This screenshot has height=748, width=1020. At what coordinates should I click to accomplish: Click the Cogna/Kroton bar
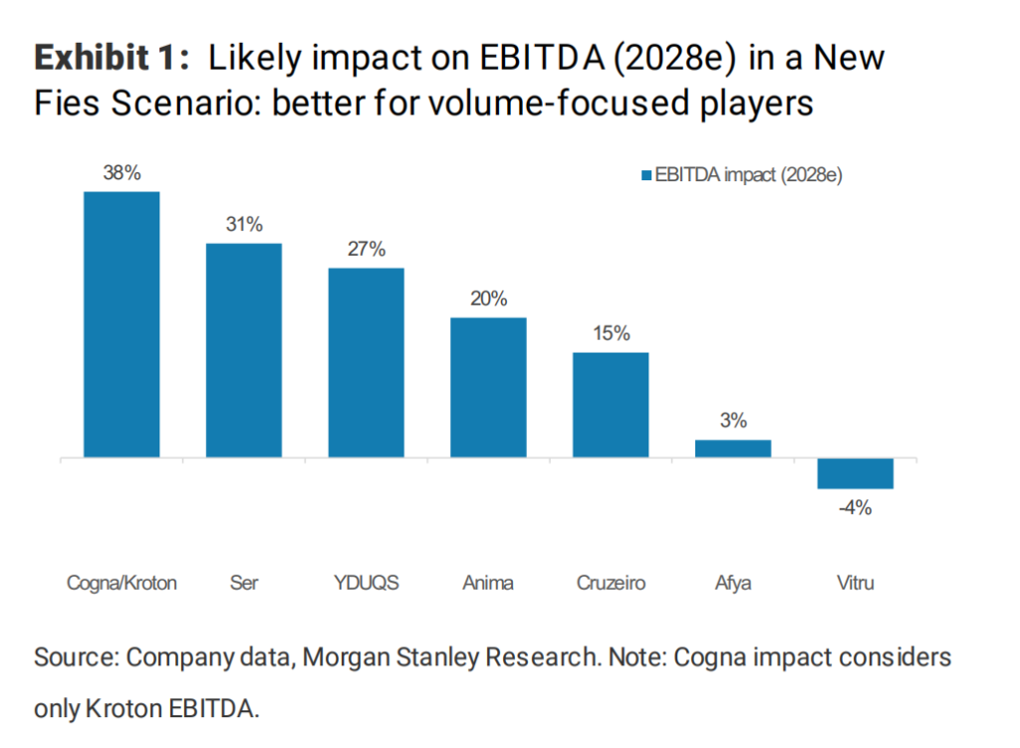pos(122,324)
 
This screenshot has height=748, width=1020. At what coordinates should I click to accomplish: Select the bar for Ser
pos(244,350)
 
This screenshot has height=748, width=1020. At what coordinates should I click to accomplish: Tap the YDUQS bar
pos(367,363)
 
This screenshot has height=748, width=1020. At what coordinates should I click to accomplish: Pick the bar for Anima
pos(488,387)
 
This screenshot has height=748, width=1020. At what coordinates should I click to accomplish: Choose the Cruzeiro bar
pos(611,404)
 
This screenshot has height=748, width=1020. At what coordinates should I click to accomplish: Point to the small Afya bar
pos(733,448)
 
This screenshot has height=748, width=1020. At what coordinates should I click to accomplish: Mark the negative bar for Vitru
pos(855,473)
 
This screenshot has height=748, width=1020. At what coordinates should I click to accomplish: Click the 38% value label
pos(122,172)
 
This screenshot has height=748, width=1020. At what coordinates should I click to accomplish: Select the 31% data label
pos(244,224)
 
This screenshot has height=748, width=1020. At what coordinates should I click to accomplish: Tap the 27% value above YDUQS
pos(367,249)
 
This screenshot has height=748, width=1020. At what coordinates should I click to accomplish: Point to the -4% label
pos(855,508)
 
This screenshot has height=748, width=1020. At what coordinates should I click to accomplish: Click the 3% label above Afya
pos(733,420)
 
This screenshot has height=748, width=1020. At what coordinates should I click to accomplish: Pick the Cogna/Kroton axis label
pos(122,583)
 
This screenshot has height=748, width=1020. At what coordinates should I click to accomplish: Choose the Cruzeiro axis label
pos(611,583)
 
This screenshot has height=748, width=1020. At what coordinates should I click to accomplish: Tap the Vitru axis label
pos(855,583)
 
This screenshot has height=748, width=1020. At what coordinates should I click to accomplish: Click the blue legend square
pos(645,175)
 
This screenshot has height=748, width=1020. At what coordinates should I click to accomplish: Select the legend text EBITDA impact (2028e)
pos(749,175)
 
